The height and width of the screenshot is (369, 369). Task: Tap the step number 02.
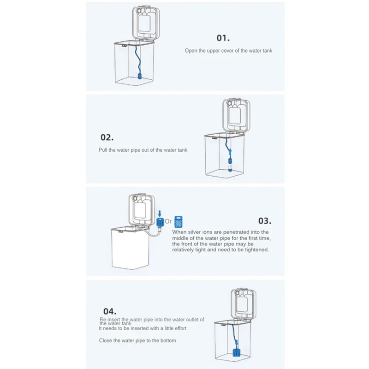(107, 137)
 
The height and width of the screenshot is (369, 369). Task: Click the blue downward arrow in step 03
(160, 213)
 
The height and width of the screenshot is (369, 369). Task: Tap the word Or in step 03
(168, 221)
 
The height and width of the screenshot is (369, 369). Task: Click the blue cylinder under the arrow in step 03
(160, 223)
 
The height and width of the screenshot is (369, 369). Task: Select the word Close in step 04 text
(106, 340)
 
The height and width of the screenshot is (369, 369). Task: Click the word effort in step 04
(178, 328)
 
